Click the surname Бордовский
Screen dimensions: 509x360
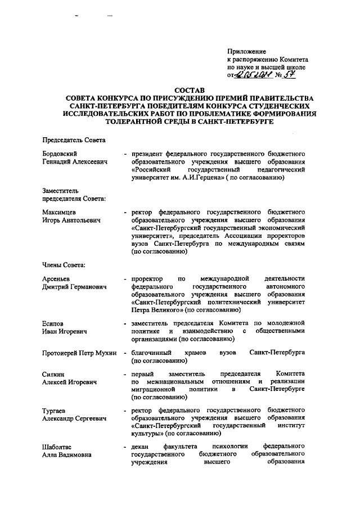(x=60, y=154)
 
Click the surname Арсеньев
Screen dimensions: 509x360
(x=57, y=279)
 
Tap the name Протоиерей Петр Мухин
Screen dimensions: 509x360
(x=79, y=353)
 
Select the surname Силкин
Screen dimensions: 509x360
(x=54, y=374)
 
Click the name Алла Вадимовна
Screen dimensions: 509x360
(x=67, y=456)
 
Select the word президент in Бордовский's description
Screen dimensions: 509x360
(x=149, y=154)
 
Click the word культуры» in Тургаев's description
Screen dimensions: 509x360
(x=147, y=434)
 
